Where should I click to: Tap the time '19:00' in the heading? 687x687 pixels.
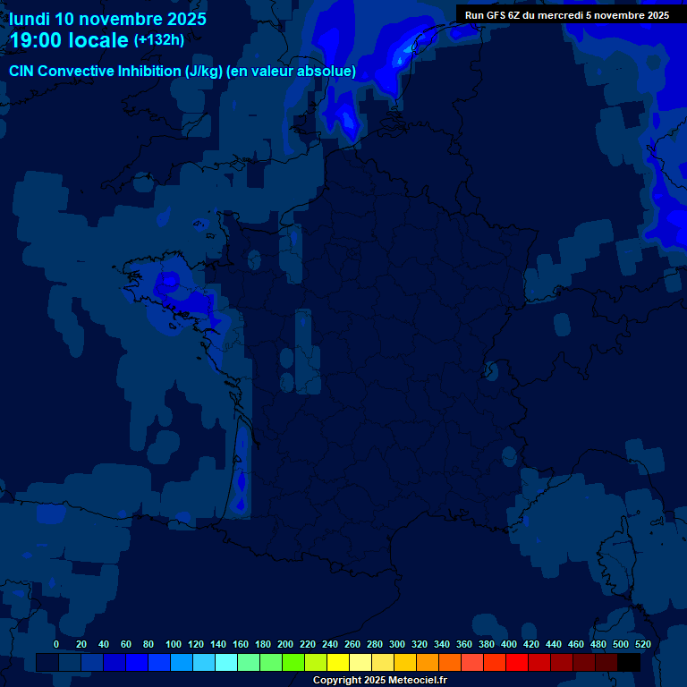pyautogui.click(x=38, y=40)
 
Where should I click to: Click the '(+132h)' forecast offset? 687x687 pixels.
pyautogui.click(x=159, y=40)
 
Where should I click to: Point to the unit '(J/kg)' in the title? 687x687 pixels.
pyautogui.click(x=203, y=72)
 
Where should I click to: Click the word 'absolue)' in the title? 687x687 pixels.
pyautogui.click(x=328, y=72)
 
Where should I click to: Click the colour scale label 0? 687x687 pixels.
pyautogui.click(x=56, y=644)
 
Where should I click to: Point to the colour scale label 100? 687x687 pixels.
pyautogui.click(x=174, y=644)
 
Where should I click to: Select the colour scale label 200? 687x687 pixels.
pyautogui.click(x=285, y=644)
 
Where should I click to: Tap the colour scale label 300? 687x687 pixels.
pyautogui.click(x=397, y=644)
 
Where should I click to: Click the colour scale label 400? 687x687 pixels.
pyautogui.click(x=509, y=644)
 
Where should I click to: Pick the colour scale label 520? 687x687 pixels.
pyautogui.click(x=642, y=644)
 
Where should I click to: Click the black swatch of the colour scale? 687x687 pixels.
pyautogui.click(x=629, y=662)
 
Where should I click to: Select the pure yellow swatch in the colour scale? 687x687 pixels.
pyautogui.click(x=338, y=662)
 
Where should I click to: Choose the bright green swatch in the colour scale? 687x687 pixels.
pyautogui.click(x=293, y=662)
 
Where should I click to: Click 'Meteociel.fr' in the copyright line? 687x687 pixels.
pyautogui.click(x=417, y=681)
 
